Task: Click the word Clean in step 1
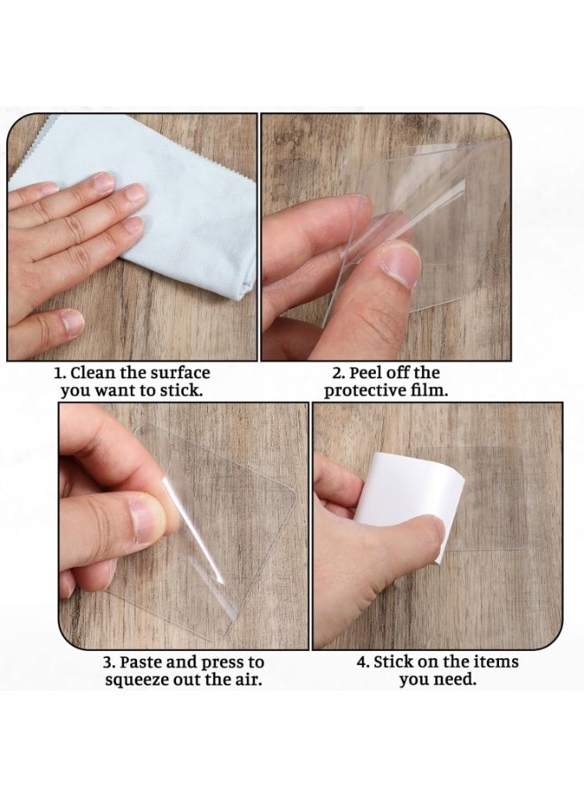click(92, 373)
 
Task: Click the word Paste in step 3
click(143, 662)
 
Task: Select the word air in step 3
click(250, 680)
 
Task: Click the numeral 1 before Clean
click(58, 373)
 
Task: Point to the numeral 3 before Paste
click(107, 662)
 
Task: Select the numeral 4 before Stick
click(362, 662)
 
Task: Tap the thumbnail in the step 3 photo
click(145, 521)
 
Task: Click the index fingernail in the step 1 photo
click(104, 182)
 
